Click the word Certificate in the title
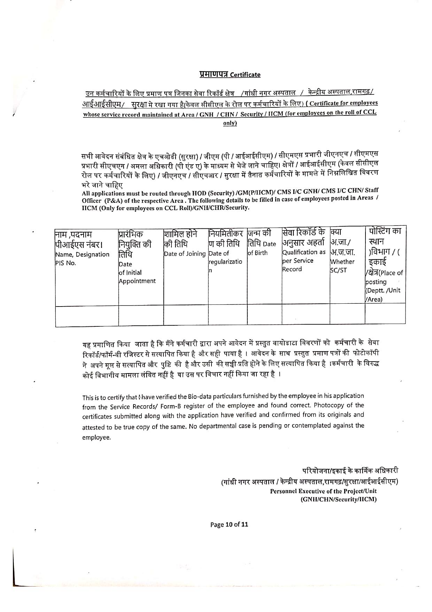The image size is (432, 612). tap(245, 75)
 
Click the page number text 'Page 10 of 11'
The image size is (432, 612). tap(229, 524)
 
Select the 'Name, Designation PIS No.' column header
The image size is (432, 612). tap(82, 258)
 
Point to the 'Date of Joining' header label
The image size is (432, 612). tap(185, 254)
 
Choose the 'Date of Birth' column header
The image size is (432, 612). tap(262, 248)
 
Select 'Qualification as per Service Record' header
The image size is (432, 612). tap(304, 260)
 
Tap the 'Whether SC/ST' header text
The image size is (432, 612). tap(342, 265)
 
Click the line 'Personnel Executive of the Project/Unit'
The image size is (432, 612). tap(323, 491)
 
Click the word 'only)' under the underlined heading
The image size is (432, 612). tap(230, 123)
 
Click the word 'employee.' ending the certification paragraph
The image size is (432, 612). tap(96, 437)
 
